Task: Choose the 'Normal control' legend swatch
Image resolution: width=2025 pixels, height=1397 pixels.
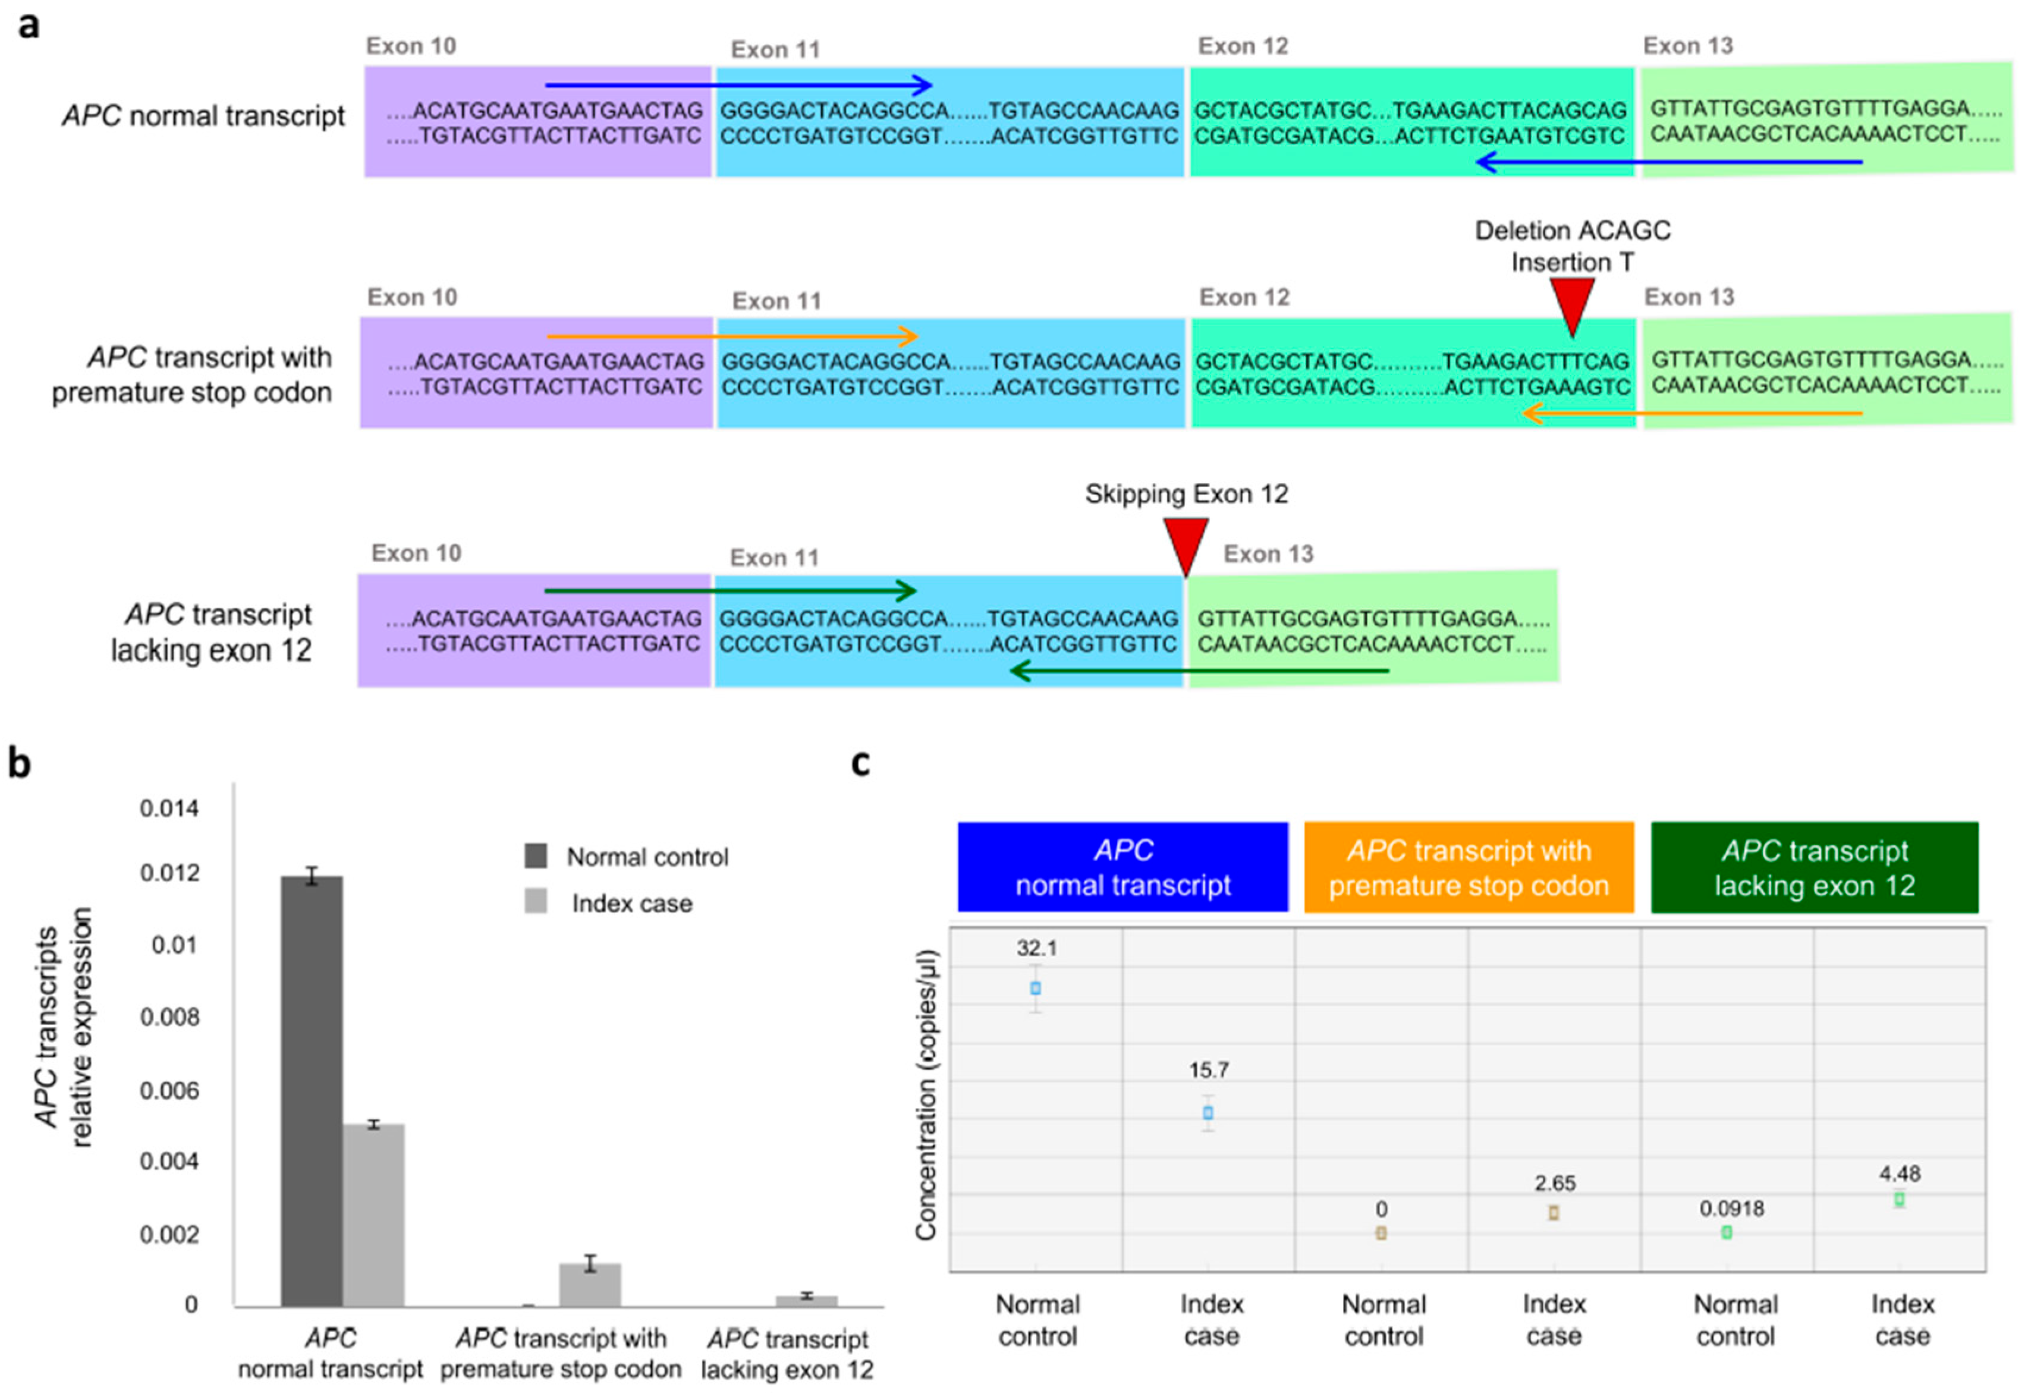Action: click(536, 856)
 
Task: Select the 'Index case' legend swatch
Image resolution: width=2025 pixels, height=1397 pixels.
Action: click(536, 902)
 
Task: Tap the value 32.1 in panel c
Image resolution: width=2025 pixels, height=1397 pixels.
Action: click(1036, 948)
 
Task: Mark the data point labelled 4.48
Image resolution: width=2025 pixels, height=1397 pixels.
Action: click(1899, 1199)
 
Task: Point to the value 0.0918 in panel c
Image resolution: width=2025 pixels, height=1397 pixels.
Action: click(1732, 1209)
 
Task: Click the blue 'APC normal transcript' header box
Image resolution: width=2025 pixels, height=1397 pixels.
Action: click(1122, 867)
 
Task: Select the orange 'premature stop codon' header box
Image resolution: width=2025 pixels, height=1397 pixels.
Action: click(1468, 867)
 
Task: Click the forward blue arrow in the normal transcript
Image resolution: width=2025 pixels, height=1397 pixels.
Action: click(738, 85)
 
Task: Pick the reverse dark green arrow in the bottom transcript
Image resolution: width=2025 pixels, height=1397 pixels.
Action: click(1199, 671)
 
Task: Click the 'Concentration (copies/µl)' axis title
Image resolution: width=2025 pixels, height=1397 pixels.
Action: click(926, 1094)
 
